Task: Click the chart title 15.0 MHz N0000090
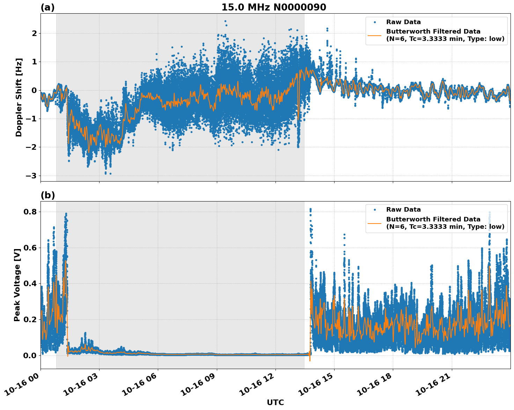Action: pos(274,7)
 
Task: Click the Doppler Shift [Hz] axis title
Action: pos(19,97)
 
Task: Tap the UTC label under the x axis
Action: pos(275,402)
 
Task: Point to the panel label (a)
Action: pos(47,7)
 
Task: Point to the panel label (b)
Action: pos(47,195)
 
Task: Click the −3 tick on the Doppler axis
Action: pos(31,176)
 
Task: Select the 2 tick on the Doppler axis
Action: pos(34,34)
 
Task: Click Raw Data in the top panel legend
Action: pos(403,22)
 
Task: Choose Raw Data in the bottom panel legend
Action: pos(403,210)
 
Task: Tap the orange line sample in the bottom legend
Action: pos(375,223)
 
